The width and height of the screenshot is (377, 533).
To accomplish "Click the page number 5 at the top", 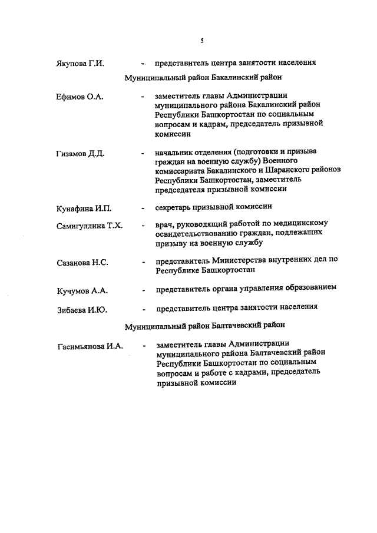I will pyautogui.click(x=201, y=41).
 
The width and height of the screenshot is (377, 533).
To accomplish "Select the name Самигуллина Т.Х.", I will pyautogui.click(x=85, y=226).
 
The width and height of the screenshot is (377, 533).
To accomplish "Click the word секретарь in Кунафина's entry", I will pyautogui.click(x=176, y=207).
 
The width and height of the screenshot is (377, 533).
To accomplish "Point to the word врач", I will pyautogui.click(x=164, y=224).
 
